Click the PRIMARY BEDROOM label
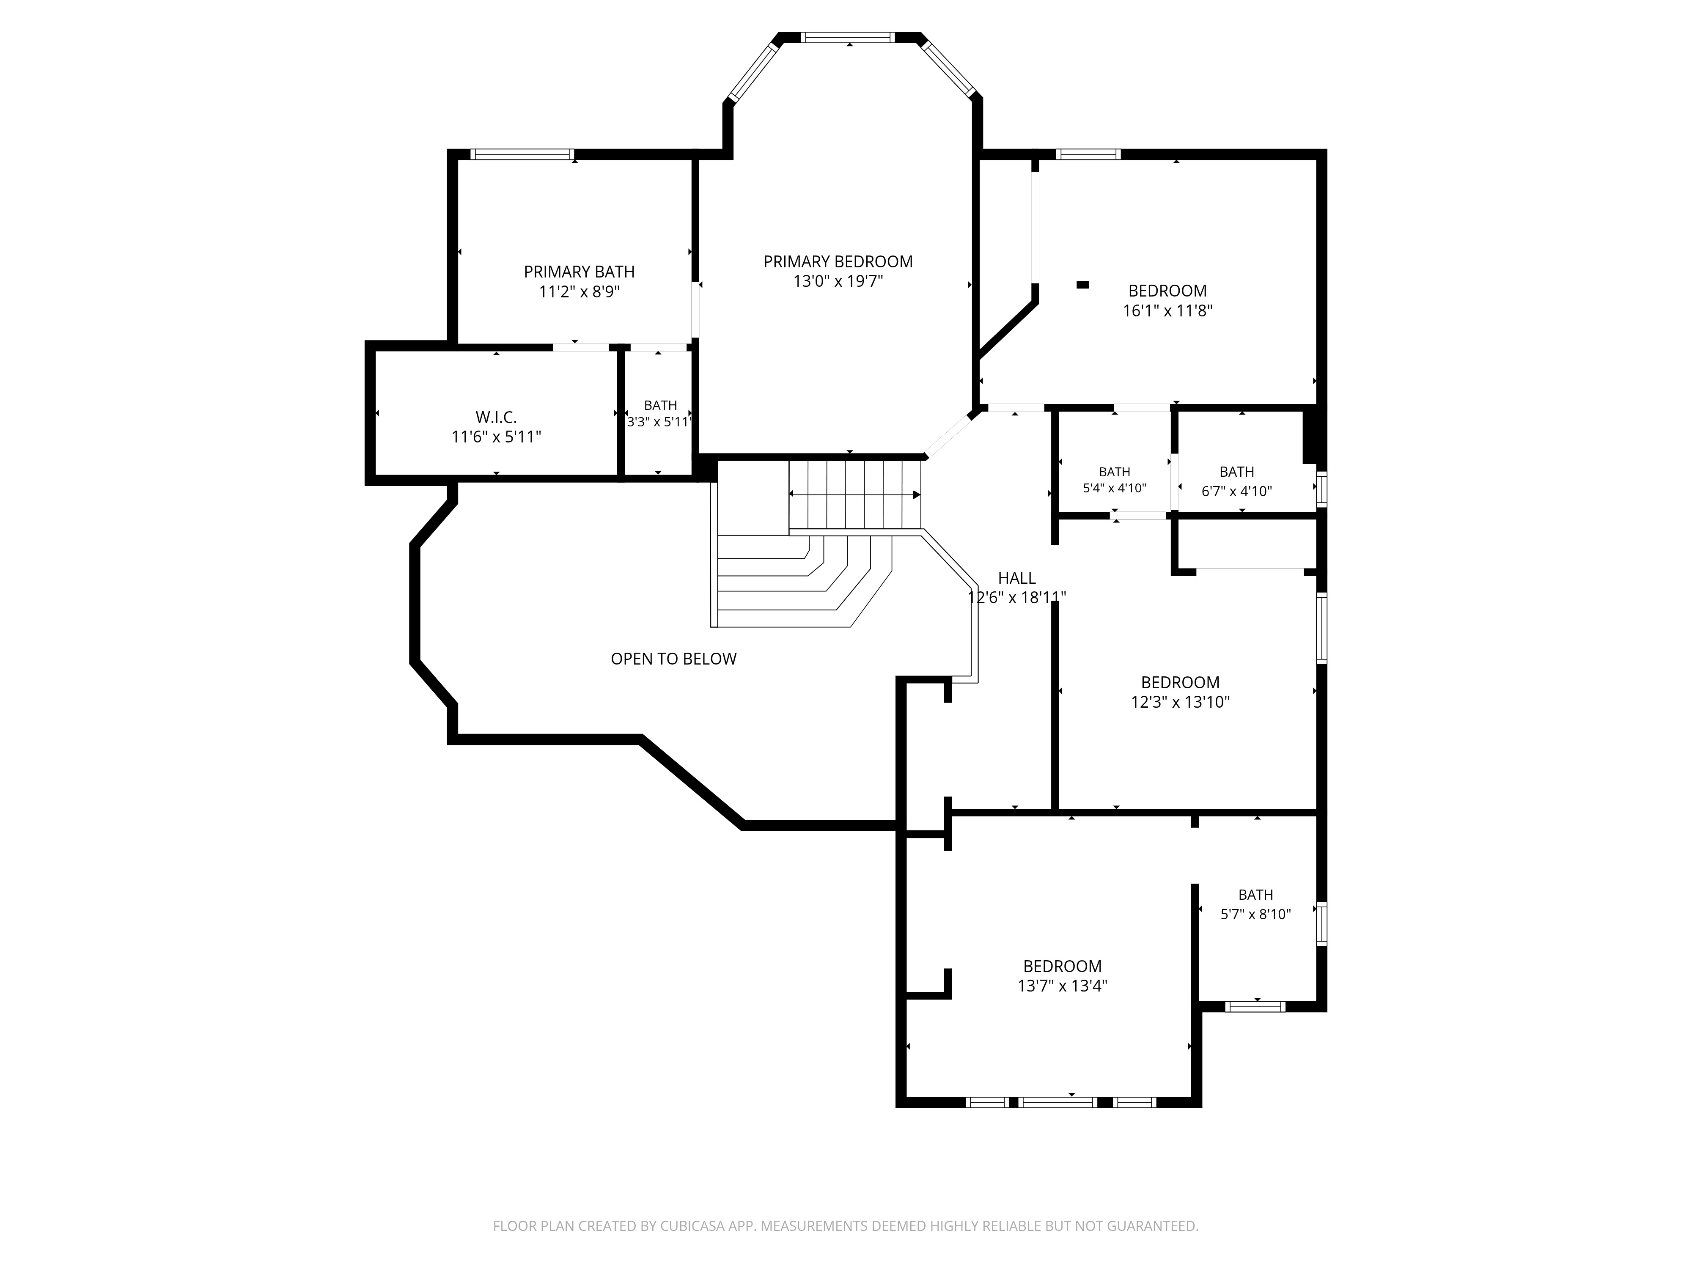point(838,261)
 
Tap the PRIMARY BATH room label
point(579,272)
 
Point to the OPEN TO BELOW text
point(673,659)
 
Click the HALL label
point(1016,578)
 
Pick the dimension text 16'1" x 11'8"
point(1167,310)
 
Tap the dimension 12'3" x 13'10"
point(1180,702)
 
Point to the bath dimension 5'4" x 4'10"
point(1115,488)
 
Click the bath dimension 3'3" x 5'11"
point(659,421)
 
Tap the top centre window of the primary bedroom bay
point(848,37)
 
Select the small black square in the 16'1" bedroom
point(1082,285)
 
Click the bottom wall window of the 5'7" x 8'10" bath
point(1255,1007)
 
